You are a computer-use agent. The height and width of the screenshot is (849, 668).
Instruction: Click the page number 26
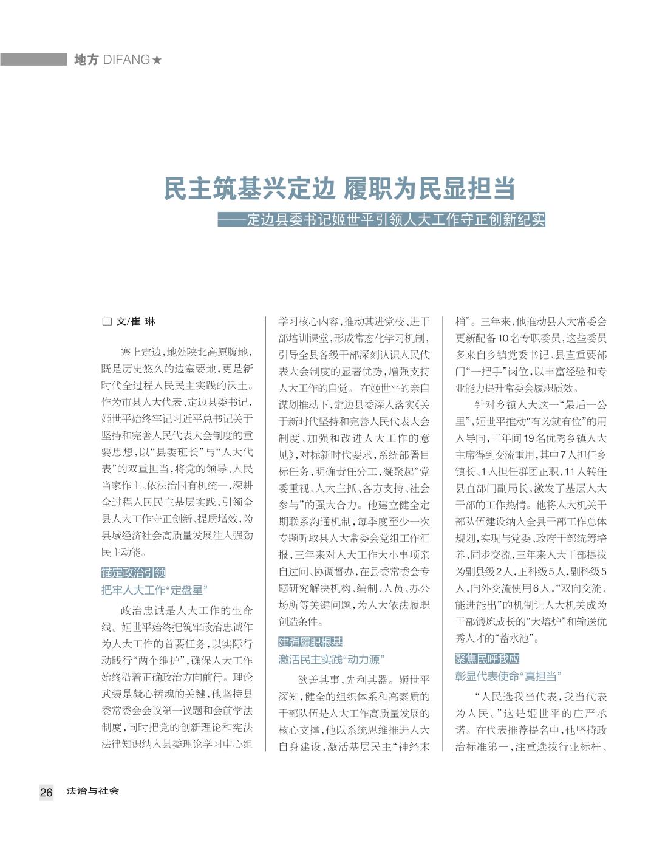[46, 792]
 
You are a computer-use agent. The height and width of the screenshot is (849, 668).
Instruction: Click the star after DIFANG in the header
[157, 60]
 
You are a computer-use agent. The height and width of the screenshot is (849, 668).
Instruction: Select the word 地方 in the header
[86, 60]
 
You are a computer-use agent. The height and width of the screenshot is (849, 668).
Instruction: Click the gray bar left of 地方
[33, 60]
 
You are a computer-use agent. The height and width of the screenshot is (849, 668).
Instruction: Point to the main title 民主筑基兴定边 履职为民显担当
[339, 189]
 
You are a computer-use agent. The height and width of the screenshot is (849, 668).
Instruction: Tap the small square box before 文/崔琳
[107, 322]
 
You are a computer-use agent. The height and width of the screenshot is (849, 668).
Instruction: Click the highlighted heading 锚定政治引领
[134, 572]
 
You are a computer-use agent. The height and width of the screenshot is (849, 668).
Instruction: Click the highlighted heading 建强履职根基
[310, 642]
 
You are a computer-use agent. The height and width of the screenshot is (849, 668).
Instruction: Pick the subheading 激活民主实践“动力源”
[332, 660]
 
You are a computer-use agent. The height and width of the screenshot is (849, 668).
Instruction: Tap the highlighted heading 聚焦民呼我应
[488, 659]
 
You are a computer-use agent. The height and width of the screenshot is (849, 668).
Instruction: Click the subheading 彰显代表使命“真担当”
[508, 676]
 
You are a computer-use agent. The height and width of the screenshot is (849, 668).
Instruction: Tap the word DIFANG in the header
[126, 60]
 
